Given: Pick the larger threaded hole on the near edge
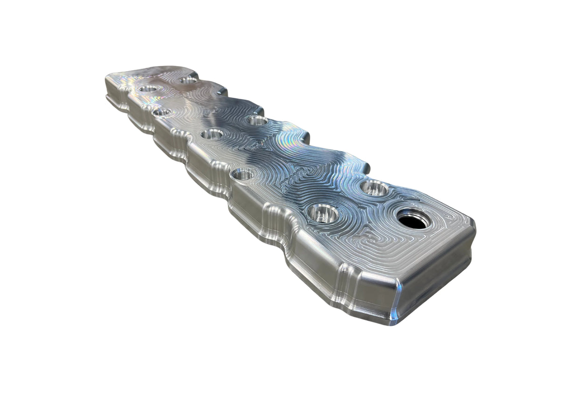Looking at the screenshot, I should tap(242, 175).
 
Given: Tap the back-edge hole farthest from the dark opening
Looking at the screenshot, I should tap(188, 80).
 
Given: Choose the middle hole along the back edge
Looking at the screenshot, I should tap(257, 121).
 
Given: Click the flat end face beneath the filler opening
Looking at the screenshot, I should tap(434, 280).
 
